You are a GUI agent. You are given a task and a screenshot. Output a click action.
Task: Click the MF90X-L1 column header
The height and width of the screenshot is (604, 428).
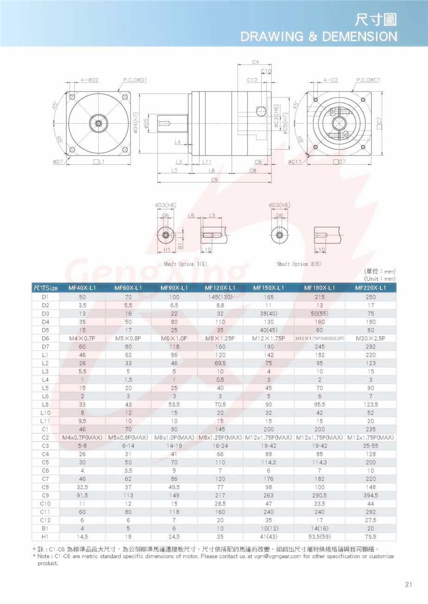coord(174,288)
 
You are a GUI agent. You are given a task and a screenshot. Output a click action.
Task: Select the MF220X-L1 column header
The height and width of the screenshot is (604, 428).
coord(371,288)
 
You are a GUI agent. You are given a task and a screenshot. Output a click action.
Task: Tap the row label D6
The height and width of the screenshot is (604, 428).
coord(45,338)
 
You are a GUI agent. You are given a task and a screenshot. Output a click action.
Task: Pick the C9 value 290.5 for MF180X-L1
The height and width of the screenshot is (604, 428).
coord(319,495)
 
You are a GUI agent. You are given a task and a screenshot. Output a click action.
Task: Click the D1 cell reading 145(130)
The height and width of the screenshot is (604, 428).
coord(220,297)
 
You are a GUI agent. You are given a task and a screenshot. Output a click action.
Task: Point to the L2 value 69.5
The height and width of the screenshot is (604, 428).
coord(220,363)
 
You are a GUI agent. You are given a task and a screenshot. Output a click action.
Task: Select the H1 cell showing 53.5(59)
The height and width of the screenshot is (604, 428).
coord(319,536)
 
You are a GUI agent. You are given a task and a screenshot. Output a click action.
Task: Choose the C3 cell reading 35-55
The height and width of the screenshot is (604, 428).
coord(371,446)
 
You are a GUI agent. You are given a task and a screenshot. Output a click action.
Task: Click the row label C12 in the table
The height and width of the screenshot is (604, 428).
coord(45,520)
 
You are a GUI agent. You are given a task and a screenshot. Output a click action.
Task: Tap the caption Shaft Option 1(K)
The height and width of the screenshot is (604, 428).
coord(185,264)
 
